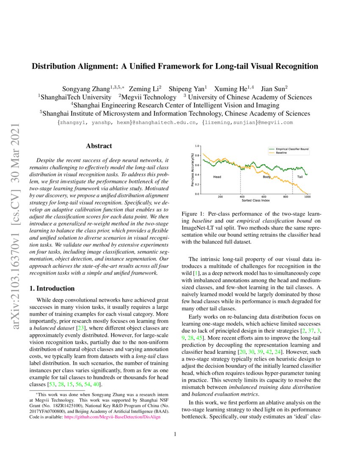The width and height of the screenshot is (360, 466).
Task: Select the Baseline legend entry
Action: pos(282,153)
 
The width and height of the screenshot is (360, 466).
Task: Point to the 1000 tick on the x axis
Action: pos(307,197)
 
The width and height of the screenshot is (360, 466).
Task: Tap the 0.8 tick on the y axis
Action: pos(197,155)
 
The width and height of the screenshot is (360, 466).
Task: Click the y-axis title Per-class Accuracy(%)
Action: pos(192,170)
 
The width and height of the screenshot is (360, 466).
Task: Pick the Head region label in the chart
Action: pos(217,176)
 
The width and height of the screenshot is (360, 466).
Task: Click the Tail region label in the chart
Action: pos(300,176)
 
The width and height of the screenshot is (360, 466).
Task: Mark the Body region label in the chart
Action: pos(266,176)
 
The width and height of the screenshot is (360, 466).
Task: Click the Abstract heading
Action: pos(99,146)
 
